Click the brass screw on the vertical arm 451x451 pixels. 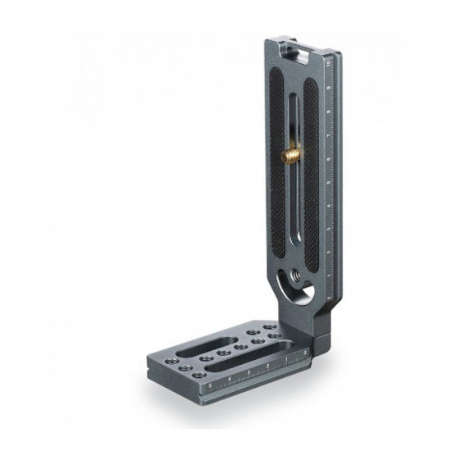click(x=293, y=154)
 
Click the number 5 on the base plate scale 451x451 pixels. click(x=210, y=383)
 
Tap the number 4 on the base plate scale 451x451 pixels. click(x=230, y=377)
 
